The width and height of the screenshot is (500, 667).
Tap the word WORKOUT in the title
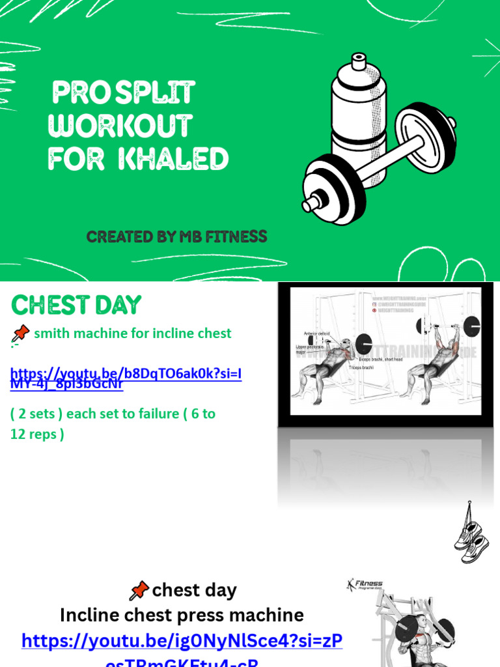click(x=120, y=126)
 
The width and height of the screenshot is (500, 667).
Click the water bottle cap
click(x=359, y=61)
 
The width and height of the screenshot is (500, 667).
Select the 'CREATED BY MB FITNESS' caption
click(x=177, y=237)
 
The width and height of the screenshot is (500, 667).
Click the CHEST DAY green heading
click(x=76, y=305)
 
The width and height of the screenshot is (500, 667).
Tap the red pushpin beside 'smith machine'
click(x=20, y=334)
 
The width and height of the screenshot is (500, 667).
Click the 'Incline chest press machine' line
click(x=182, y=615)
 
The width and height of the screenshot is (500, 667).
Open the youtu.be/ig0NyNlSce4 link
click(x=182, y=642)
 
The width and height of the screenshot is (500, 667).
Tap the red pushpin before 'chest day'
click(x=139, y=591)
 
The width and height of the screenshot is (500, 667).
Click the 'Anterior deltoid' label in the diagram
click(x=317, y=333)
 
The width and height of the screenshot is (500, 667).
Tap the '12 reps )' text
click(x=37, y=434)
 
